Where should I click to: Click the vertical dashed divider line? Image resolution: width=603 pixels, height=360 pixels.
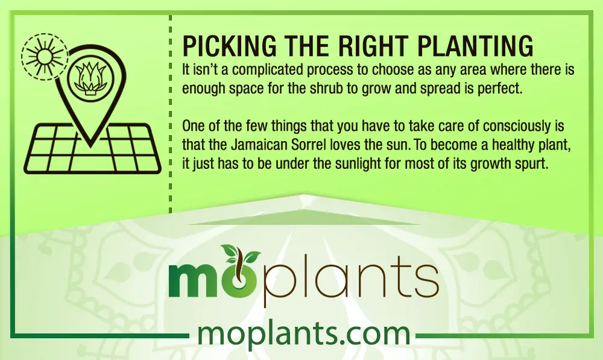coord(171,114)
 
